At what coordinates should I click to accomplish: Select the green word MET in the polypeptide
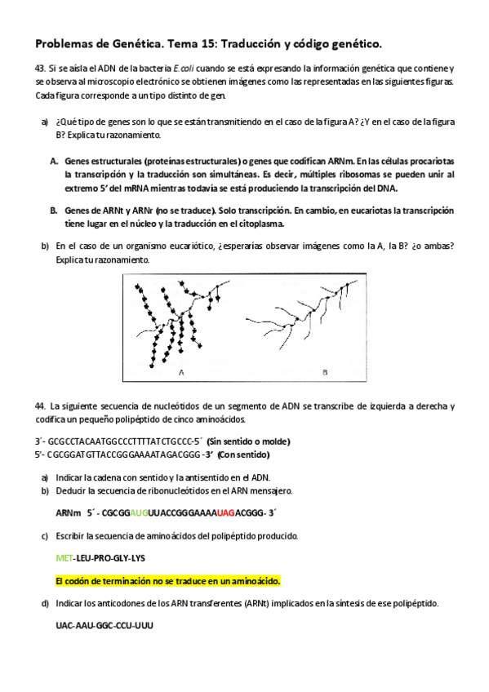[x=63, y=559]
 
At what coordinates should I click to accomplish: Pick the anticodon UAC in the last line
[x=64, y=626]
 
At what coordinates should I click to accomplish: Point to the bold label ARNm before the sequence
[x=69, y=513]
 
